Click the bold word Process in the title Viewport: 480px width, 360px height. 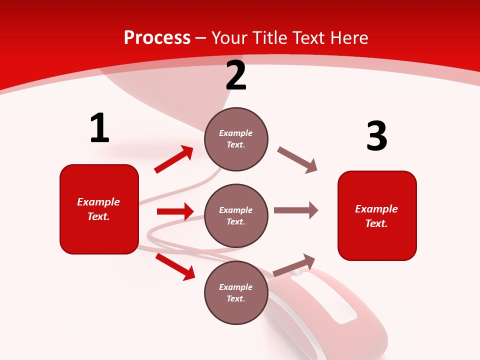tap(157, 38)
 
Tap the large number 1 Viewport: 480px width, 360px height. tap(99, 128)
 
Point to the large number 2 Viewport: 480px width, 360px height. tap(236, 76)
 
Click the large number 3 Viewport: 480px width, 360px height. tap(376, 136)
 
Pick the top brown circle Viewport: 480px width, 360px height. tap(236, 139)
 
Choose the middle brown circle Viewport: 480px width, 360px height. tap(236, 215)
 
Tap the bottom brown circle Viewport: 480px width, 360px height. tap(236, 292)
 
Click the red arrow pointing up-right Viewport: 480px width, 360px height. tap(174, 159)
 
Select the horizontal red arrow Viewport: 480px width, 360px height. tap(175, 211)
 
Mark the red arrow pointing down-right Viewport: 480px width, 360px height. tap(175, 266)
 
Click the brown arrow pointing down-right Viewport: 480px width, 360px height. tap(297, 160)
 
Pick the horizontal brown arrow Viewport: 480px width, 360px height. tap(296, 210)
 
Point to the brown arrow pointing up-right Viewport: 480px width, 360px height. tap(294, 265)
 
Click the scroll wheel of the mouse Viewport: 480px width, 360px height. tap(297, 273)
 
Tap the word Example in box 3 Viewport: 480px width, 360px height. tap(376, 209)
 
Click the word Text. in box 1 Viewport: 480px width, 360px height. tap(98, 216)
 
